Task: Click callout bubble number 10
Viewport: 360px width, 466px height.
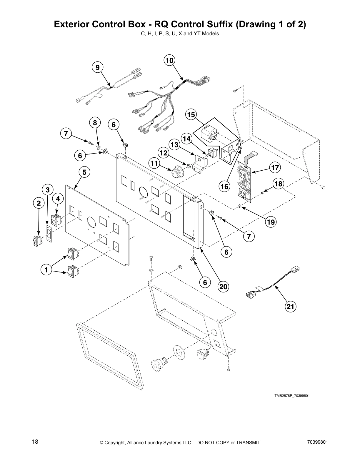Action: click(169, 61)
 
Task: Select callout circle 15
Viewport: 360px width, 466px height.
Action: click(191, 114)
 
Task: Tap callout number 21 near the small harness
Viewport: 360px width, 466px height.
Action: click(290, 307)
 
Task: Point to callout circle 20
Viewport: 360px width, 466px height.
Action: click(224, 286)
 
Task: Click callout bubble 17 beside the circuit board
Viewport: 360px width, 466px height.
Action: click(275, 168)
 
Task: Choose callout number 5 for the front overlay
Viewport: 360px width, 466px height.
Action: click(84, 172)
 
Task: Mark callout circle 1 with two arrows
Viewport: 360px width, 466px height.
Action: click(46, 270)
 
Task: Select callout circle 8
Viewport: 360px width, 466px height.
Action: click(95, 123)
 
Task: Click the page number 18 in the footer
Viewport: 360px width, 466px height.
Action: click(35, 442)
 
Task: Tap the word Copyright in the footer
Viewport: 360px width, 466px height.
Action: click(116, 442)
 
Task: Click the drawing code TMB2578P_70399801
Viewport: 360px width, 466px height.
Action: click(292, 396)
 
